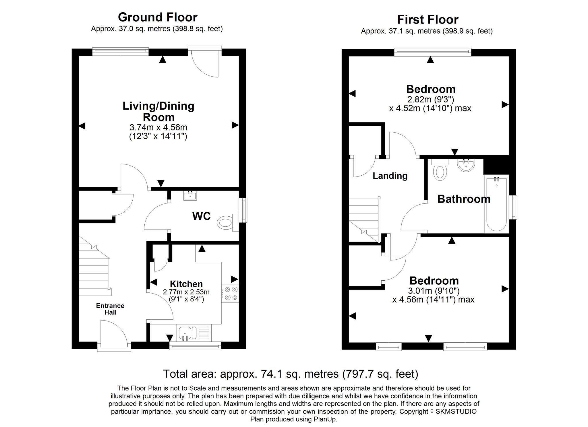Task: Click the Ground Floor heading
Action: [x=158, y=17]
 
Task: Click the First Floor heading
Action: [x=428, y=20]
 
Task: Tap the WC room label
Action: [x=202, y=216]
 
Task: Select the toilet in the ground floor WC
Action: [x=228, y=223]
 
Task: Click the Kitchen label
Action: [x=186, y=284]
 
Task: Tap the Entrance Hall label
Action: [x=110, y=309]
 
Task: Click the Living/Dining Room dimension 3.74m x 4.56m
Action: [x=158, y=127]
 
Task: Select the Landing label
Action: [x=390, y=176]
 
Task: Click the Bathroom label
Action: [x=464, y=199]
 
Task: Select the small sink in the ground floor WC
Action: [x=190, y=195]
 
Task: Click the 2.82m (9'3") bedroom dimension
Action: [x=430, y=100]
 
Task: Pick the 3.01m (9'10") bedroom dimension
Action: [x=434, y=291]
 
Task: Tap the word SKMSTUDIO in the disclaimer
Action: [x=456, y=412]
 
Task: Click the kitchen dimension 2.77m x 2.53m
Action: [x=186, y=292]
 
